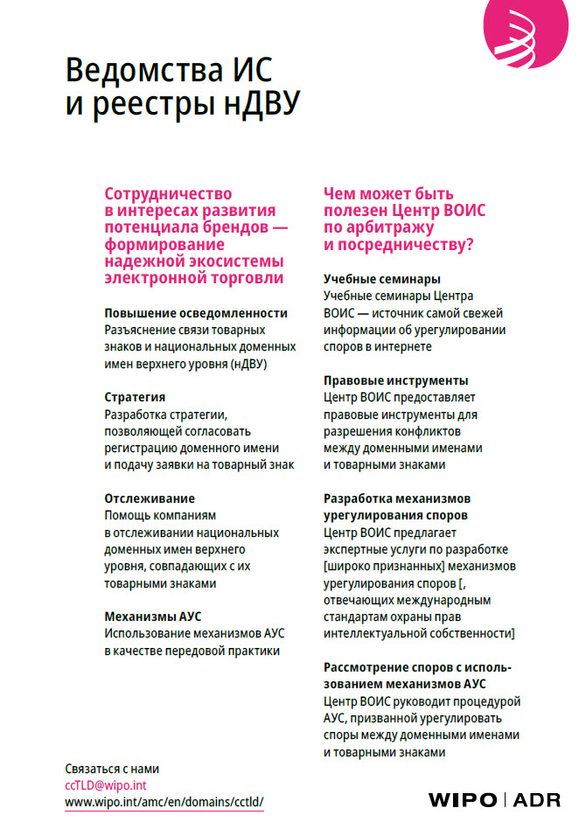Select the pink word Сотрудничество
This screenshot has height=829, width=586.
pyautogui.click(x=168, y=194)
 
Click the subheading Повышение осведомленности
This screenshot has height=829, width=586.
pyautogui.click(x=196, y=313)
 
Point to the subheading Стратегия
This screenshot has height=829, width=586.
pyautogui.click(x=135, y=397)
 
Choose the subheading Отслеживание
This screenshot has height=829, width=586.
pyautogui.click(x=150, y=498)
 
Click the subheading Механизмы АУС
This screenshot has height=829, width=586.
pyautogui.click(x=153, y=616)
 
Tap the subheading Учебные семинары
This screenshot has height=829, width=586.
pyautogui.click(x=382, y=280)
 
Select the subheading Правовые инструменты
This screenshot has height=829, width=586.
pyautogui.click(x=396, y=380)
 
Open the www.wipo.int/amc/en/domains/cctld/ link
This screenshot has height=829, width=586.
pyautogui.click(x=164, y=802)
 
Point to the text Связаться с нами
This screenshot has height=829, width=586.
pyautogui.click(x=113, y=769)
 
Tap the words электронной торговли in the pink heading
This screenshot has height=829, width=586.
pyautogui.click(x=194, y=278)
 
